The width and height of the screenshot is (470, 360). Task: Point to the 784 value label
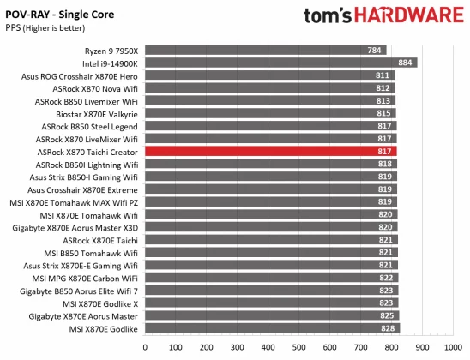[375, 50]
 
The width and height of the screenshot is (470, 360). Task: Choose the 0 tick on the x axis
[145, 349]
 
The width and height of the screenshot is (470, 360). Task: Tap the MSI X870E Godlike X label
[99, 303]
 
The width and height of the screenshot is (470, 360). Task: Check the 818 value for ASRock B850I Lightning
[385, 164]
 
